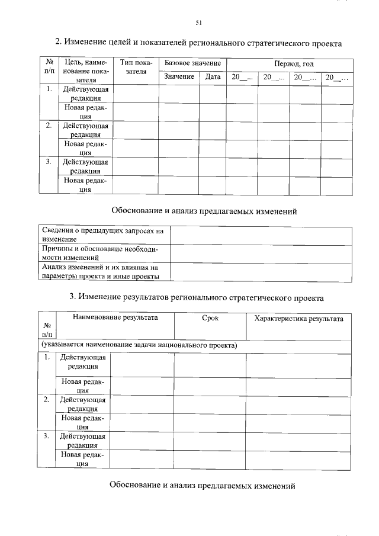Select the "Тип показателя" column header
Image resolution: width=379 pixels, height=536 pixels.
tap(136, 67)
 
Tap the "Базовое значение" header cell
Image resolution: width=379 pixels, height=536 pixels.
tap(192, 63)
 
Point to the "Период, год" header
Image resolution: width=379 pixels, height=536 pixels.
tap(294, 63)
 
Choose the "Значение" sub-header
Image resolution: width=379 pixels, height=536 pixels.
tap(178, 77)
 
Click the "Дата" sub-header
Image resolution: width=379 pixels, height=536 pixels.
tap(213, 77)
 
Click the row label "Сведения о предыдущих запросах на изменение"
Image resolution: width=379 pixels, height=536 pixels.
tap(103, 234)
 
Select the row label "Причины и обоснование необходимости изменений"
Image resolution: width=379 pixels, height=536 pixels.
tap(103, 253)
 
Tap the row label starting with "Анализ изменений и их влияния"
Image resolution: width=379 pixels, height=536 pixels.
tap(103, 272)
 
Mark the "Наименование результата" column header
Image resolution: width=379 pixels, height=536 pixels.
tap(115, 318)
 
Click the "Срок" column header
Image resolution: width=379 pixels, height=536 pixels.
tap(210, 318)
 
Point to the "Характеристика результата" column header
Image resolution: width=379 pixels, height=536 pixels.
tap(298, 318)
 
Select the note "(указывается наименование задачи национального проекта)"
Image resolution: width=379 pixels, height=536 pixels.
tap(139, 345)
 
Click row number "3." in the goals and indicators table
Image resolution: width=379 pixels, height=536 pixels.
tap(49, 161)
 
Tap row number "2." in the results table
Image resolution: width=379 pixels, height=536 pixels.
tap(46, 399)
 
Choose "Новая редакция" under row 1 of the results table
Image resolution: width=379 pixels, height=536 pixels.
tap(83, 386)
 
